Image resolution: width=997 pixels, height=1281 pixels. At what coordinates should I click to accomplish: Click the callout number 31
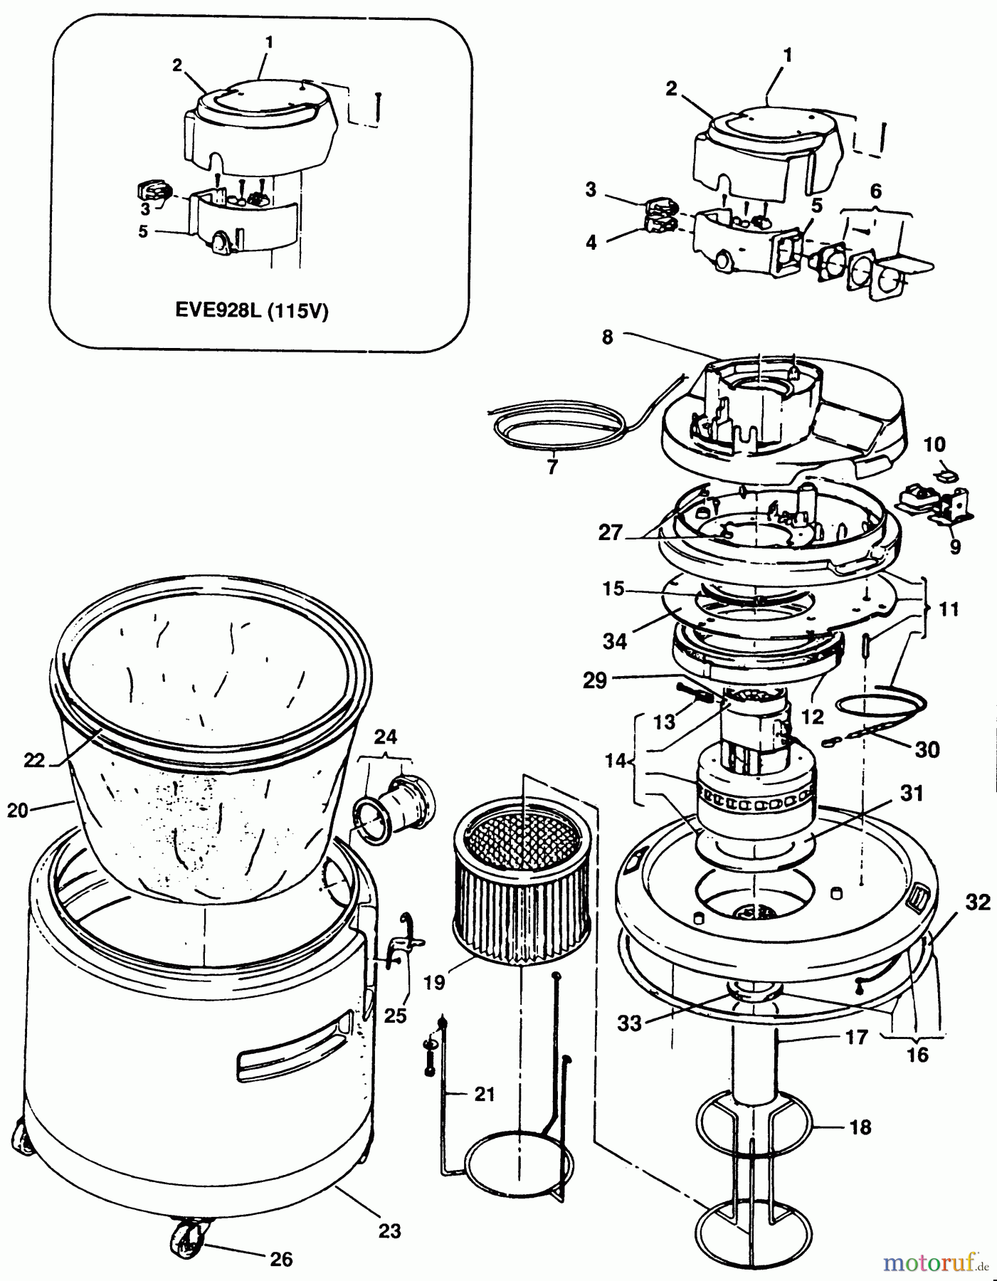(x=912, y=793)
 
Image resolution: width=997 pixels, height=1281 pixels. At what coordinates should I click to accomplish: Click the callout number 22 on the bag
(x=34, y=759)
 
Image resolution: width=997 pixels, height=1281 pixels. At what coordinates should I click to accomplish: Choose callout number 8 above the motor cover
(x=607, y=337)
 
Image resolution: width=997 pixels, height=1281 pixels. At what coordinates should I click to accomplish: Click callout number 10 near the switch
(x=934, y=445)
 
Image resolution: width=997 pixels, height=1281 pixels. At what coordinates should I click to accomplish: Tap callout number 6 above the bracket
(x=875, y=191)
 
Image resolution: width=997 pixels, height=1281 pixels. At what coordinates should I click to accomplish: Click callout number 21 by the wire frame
(x=484, y=1093)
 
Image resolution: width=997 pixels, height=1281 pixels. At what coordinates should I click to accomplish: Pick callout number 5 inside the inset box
(x=143, y=232)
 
